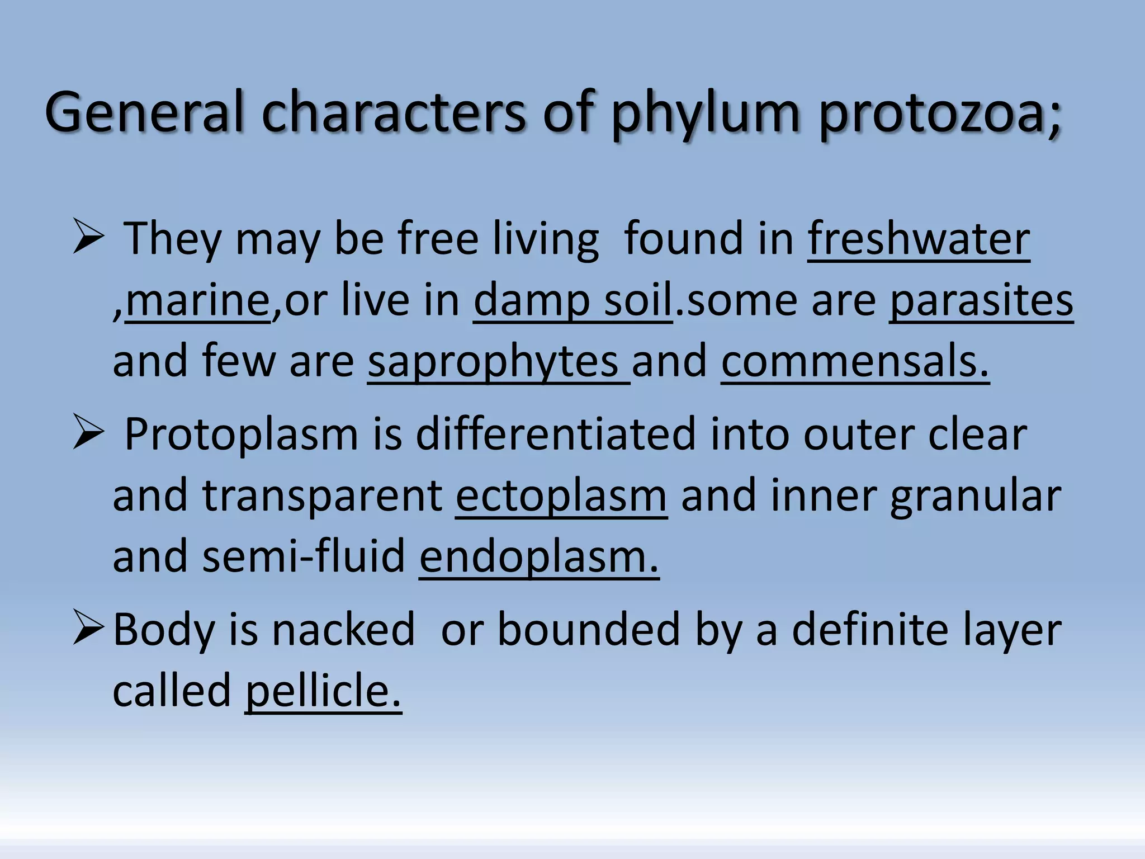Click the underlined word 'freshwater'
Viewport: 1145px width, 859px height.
click(x=919, y=239)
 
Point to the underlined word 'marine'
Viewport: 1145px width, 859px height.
click(x=197, y=301)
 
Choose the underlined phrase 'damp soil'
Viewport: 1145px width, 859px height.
click(x=572, y=301)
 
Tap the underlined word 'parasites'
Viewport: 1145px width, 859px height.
click(x=981, y=301)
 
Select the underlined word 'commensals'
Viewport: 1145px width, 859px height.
click(x=854, y=362)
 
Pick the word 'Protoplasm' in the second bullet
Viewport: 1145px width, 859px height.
click(x=241, y=434)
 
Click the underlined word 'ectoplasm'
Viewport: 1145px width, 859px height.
click(x=561, y=495)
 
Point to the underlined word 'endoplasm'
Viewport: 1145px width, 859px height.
click(x=538, y=557)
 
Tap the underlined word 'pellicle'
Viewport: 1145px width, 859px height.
click(x=323, y=691)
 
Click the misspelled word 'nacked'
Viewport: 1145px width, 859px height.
click(x=343, y=630)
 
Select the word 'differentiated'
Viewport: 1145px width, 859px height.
click(x=556, y=434)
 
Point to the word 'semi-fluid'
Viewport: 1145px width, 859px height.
click(x=304, y=557)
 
